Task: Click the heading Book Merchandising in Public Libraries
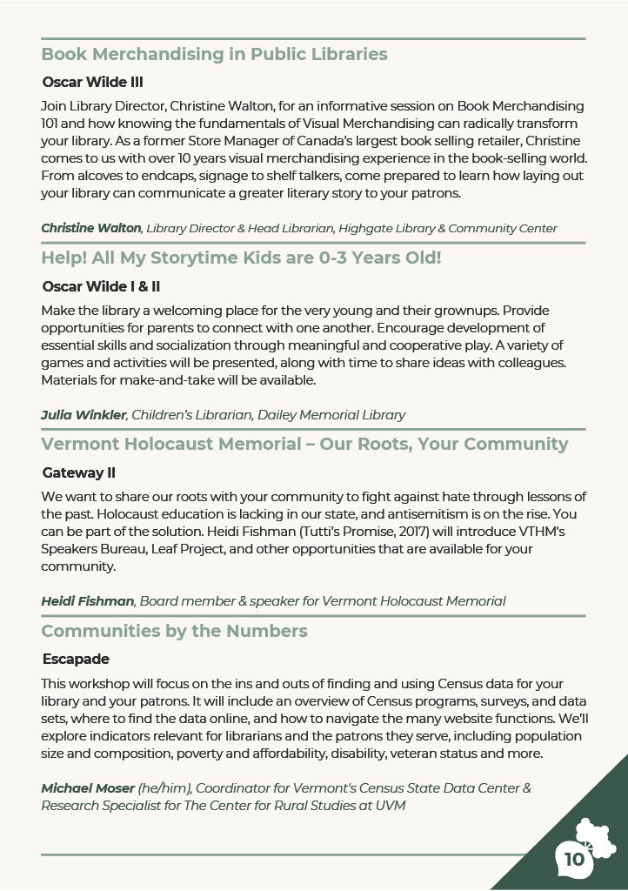(214, 54)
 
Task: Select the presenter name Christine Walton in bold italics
(91, 228)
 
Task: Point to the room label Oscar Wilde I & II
(101, 286)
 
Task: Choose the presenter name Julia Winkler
(83, 415)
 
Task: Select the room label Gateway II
(79, 472)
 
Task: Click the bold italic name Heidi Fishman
(87, 601)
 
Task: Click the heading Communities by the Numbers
(174, 631)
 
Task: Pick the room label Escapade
(76, 659)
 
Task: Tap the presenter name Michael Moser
(88, 788)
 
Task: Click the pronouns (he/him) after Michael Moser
(165, 788)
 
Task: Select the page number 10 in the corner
(574, 860)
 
